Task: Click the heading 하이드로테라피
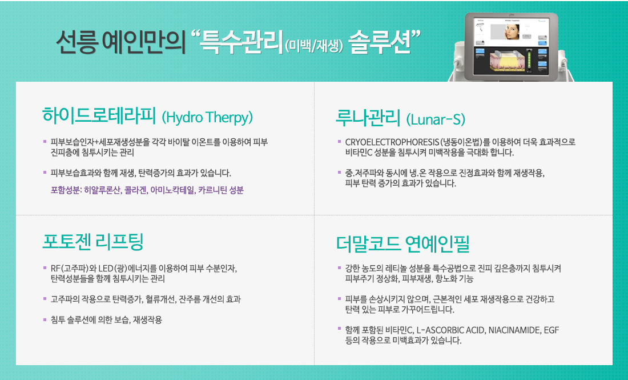coord(99,115)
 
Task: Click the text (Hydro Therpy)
coord(207,118)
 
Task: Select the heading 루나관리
coord(368,118)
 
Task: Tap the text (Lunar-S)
coord(436,119)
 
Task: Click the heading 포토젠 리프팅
coord(93,241)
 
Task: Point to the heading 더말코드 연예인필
coord(402,243)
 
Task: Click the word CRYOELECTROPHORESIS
coord(392,142)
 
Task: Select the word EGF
coord(551,330)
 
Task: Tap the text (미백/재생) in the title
coord(314,46)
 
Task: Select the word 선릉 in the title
coord(76,42)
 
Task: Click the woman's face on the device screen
coord(512,31)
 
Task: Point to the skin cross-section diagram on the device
coord(506,62)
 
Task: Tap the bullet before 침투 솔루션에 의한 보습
coord(45,319)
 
